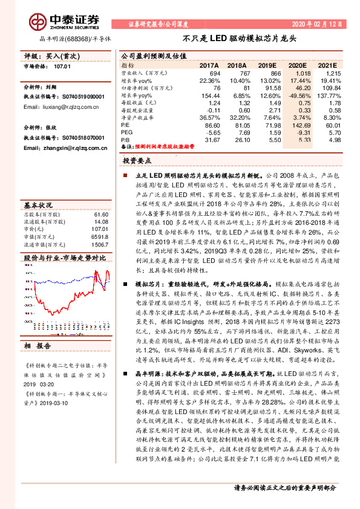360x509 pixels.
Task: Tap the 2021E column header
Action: click(x=329, y=65)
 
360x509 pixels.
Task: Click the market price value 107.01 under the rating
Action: click(x=62, y=67)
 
